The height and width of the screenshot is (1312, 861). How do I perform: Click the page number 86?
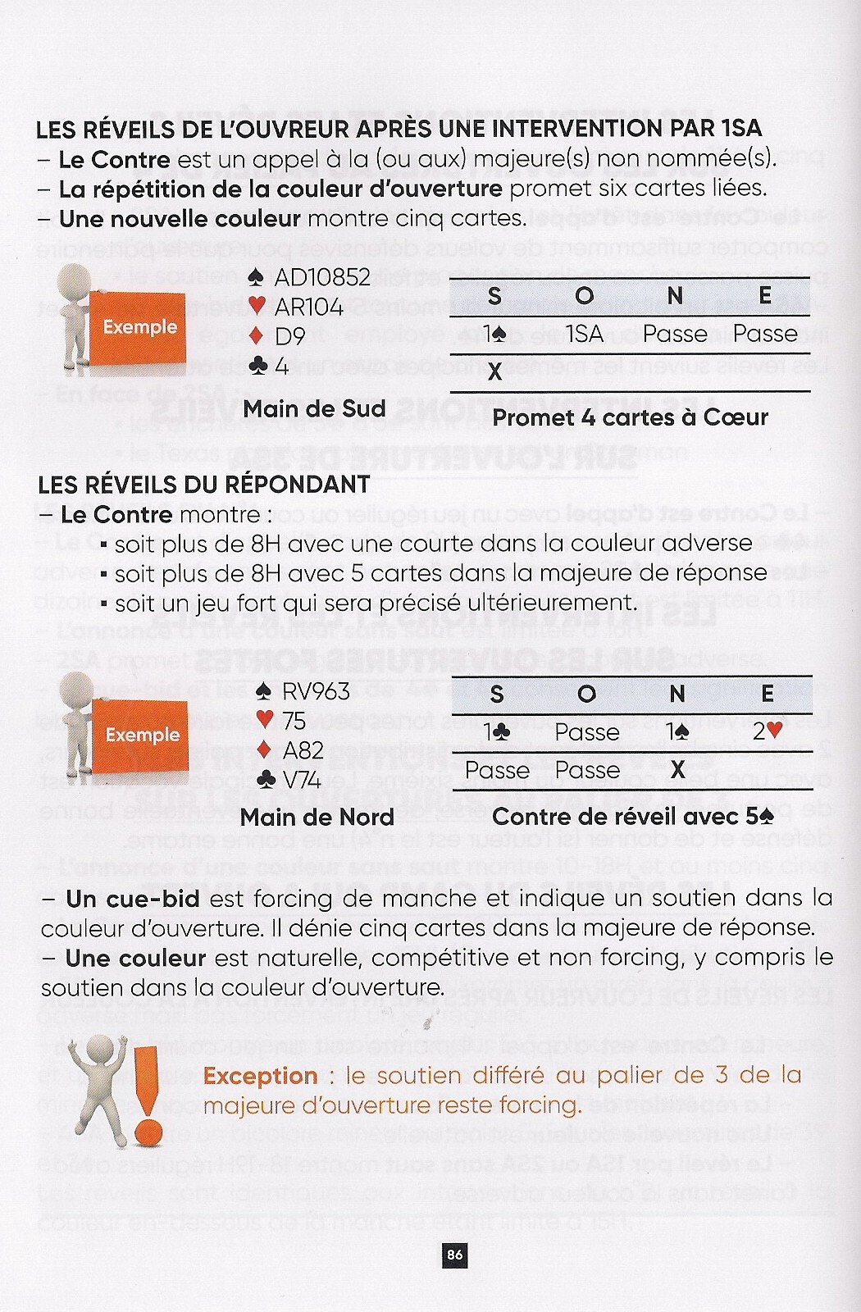[x=455, y=1255]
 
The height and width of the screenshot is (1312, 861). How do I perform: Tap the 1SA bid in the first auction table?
[x=585, y=334]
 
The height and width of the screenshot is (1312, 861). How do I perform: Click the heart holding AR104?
[x=296, y=307]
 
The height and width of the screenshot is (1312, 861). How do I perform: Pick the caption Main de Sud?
[x=314, y=408]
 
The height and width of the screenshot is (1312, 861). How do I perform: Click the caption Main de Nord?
[x=317, y=817]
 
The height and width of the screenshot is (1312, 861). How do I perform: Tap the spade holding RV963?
[x=303, y=691]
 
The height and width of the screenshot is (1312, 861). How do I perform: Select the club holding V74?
[x=289, y=779]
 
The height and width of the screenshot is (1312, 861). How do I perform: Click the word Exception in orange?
[x=261, y=1076]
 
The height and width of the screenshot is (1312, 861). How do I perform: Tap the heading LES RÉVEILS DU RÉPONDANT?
[x=204, y=485]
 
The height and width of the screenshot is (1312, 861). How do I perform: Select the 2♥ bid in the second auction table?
[x=768, y=731]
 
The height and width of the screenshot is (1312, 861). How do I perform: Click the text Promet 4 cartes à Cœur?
[x=630, y=417]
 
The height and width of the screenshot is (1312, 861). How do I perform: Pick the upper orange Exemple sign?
[x=139, y=327]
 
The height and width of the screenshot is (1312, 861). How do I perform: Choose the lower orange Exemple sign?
[x=142, y=735]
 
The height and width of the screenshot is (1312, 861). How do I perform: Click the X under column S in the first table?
[x=494, y=371]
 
